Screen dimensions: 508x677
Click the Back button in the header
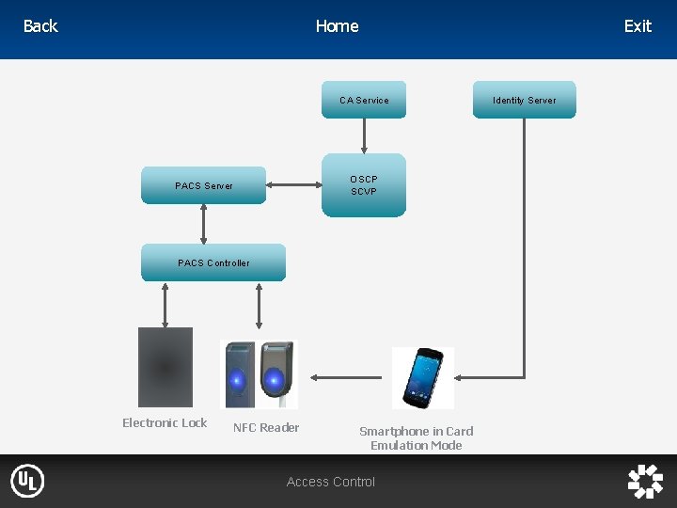(x=40, y=26)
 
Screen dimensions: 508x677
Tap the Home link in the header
(x=337, y=26)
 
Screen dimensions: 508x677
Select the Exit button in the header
(x=638, y=26)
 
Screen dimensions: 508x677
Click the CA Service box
(x=364, y=100)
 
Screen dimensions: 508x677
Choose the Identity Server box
(x=525, y=100)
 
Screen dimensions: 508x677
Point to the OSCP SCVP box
(x=364, y=185)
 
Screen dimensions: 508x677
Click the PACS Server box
(x=204, y=185)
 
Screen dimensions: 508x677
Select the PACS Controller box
(x=213, y=262)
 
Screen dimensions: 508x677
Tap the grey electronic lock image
(x=165, y=366)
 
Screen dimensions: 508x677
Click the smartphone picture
(x=422, y=378)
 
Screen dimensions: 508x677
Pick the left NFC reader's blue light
(x=239, y=379)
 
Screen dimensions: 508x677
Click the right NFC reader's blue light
(x=275, y=379)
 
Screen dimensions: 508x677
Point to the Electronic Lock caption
(x=165, y=422)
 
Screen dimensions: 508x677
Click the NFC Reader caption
(x=266, y=427)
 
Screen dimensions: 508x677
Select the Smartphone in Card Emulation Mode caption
(x=417, y=437)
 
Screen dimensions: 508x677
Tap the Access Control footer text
(x=331, y=482)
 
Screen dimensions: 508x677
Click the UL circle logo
(x=27, y=482)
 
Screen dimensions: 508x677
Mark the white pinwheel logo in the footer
(x=645, y=481)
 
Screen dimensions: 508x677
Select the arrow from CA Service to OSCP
(x=364, y=135)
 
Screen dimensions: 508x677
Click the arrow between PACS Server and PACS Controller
(x=204, y=224)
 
